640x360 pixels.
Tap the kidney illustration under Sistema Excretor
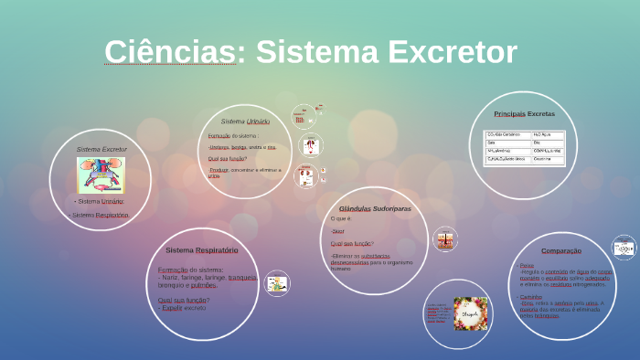point(101,175)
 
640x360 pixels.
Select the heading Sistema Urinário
point(245,121)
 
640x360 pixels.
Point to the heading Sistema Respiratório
point(201,249)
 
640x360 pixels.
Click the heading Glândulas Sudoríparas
point(375,208)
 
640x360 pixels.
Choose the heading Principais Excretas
point(524,114)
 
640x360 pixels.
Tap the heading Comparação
point(560,250)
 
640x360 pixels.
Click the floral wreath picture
point(470,313)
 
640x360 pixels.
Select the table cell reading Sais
point(494,143)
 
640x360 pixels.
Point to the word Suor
point(338,232)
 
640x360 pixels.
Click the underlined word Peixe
point(527,265)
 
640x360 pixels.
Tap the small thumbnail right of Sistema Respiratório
point(277,284)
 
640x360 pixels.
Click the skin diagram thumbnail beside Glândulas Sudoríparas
point(445,240)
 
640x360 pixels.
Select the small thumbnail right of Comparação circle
point(624,248)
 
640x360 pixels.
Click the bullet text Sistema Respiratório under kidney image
point(100,215)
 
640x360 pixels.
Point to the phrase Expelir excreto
point(183,308)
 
